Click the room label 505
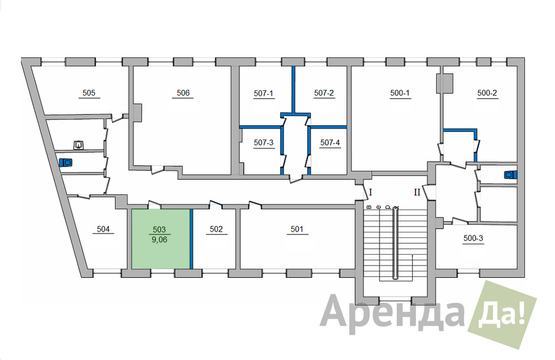click(x=89, y=93)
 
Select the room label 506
click(x=183, y=93)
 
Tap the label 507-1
click(x=263, y=93)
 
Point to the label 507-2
click(x=324, y=93)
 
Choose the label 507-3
click(x=264, y=143)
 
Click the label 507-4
click(x=330, y=143)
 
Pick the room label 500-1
click(x=400, y=93)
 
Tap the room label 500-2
click(x=487, y=93)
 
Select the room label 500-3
click(x=473, y=238)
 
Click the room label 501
click(x=297, y=229)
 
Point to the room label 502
click(x=216, y=229)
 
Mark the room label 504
click(x=103, y=229)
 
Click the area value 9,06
click(x=159, y=240)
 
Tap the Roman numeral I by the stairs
click(x=371, y=192)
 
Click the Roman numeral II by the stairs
click(x=417, y=192)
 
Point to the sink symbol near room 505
click(x=78, y=145)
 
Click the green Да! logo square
click(x=502, y=315)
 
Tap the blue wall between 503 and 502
click(x=191, y=239)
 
